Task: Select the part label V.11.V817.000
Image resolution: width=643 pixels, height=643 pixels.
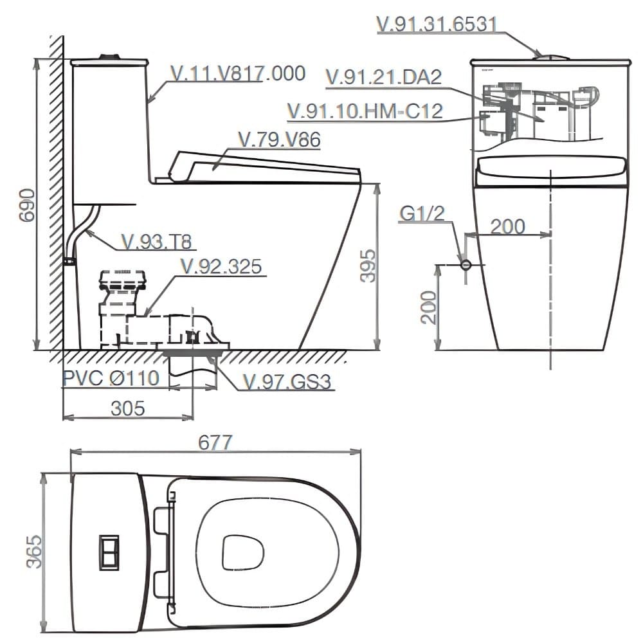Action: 237,73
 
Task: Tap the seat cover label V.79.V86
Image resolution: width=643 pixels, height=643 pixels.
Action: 278,140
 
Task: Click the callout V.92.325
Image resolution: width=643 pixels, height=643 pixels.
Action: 221,266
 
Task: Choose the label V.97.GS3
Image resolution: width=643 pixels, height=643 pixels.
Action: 287,383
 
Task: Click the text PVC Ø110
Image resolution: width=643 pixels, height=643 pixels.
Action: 111,377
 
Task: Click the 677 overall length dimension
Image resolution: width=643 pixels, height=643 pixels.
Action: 215,442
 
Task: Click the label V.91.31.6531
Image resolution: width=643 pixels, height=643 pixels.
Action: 437,24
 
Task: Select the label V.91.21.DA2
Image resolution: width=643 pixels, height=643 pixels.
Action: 384,77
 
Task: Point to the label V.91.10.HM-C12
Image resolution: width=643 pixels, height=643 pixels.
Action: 365,111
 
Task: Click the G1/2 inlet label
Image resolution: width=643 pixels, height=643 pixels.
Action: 422,213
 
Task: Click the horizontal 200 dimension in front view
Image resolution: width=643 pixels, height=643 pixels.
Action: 507,226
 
